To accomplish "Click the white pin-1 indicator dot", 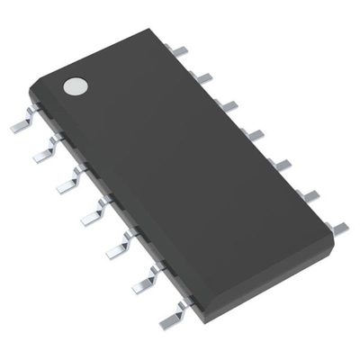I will pos(75,86).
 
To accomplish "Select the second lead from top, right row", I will pos(203,78).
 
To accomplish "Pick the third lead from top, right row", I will pos(229,105).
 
